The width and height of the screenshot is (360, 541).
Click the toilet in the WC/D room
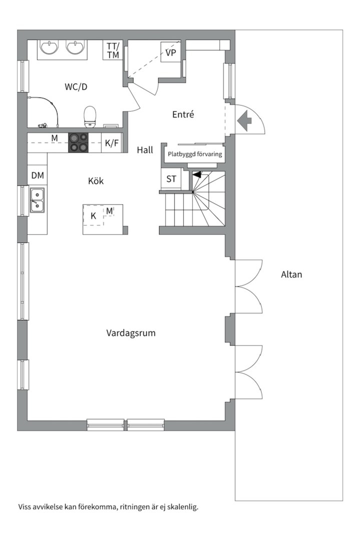pyautogui.click(x=90, y=117)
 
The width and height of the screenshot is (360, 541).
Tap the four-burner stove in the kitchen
pyautogui.click(x=78, y=143)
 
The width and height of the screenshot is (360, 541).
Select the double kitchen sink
pyautogui.click(x=37, y=200)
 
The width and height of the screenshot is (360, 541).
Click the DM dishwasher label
pyautogui.click(x=38, y=175)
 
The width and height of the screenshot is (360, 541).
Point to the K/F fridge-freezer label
pyautogui.click(x=112, y=143)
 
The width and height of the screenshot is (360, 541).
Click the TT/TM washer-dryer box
pyautogui.click(x=113, y=51)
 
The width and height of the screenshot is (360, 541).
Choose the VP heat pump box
pyautogui.click(x=171, y=53)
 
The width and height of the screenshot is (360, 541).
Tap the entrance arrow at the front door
pyautogui.click(x=244, y=121)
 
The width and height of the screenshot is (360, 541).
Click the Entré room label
pyautogui.click(x=183, y=114)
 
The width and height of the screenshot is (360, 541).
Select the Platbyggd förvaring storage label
pyautogui.click(x=195, y=154)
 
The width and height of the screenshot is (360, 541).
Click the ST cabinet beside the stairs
pyautogui.click(x=171, y=179)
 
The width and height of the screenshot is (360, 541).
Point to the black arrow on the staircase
pyautogui.click(x=197, y=174)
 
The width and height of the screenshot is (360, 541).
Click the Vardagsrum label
pyautogui.click(x=131, y=333)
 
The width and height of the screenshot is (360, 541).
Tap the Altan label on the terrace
pyautogui.click(x=291, y=275)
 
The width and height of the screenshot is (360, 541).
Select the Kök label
pyautogui.click(x=96, y=181)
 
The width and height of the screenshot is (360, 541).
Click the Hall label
pyautogui.click(x=145, y=150)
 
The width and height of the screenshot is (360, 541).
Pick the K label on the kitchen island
pyautogui.click(x=93, y=216)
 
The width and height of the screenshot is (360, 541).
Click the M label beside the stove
pyautogui.click(x=55, y=138)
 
